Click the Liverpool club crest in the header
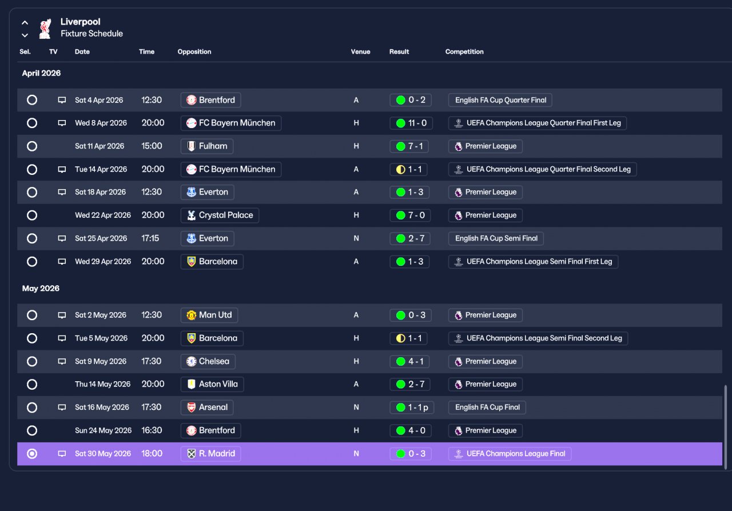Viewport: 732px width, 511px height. [45, 29]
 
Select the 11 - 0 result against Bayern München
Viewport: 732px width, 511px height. [411, 123]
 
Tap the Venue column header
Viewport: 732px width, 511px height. [360, 51]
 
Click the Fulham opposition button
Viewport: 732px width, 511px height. [207, 146]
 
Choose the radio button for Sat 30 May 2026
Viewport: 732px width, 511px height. [32, 453]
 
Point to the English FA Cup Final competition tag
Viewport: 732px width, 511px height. [487, 408]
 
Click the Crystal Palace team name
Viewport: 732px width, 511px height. [226, 215]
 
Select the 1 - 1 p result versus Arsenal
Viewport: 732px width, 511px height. [412, 408]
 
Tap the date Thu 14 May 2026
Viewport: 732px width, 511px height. [102, 384]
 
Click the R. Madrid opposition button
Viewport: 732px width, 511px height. [211, 453]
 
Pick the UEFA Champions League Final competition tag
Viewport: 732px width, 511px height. [510, 453]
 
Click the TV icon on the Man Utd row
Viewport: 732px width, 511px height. [62, 315]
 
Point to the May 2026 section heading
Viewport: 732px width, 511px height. [41, 288]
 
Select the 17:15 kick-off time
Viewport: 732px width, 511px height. [150, 238]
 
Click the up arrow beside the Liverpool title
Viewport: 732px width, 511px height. [25, 23]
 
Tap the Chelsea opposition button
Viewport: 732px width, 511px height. [208, 361]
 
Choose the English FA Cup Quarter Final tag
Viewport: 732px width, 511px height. [500, 100]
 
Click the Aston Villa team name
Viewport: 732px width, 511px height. [218, 384]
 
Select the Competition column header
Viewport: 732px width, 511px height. [464, 51]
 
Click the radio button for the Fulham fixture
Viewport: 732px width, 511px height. [32, 146]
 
